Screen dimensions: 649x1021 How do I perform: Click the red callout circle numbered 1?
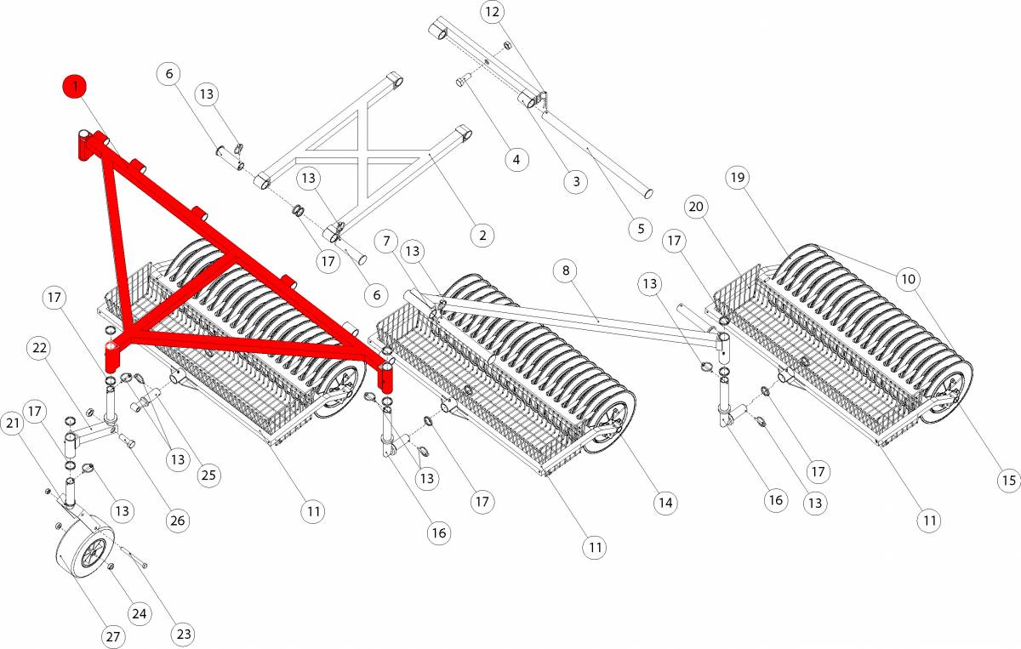[76, 86]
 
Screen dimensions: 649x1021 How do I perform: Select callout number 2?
[481, 234]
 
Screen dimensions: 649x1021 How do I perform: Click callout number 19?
[737, 178]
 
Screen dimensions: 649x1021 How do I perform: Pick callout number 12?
[493, 13]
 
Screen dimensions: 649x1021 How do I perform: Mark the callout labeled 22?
[38, 348]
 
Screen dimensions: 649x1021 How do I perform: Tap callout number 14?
[665, 504]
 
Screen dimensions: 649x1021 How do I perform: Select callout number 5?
[640, 228]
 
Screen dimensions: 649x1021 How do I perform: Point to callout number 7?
[387, 241]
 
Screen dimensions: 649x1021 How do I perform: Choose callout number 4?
[516, 158]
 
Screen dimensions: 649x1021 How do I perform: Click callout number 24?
[139, 612]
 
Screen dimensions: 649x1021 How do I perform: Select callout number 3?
[576, 180]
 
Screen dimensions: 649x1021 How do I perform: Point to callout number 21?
[13, 423]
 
